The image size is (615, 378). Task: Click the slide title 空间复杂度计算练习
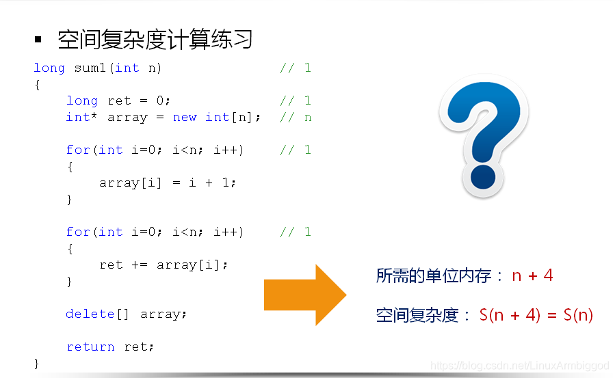[x=155, y=40]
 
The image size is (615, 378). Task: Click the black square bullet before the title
[x=38, y=40]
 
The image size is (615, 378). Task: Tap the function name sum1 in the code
[x=90, y=68]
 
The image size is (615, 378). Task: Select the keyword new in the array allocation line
[x=185, y=117]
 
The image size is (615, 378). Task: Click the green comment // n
[x=296, y=117]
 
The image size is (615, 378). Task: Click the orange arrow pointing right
[x=305, y=294]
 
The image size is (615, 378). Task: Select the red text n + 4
[x=532, y=275]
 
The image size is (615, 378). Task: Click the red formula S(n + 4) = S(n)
[x=536, y=315]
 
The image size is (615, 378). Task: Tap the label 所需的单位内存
[x=434, y=276]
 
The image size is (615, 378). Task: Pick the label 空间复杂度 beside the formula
[x=417, y=315]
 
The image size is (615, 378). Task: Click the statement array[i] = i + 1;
[x=168, y=183]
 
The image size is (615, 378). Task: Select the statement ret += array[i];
[x=163, y=265]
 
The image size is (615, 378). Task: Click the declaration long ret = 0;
[x=118, y=100]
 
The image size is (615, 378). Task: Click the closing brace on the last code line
[x=37, y=362]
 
